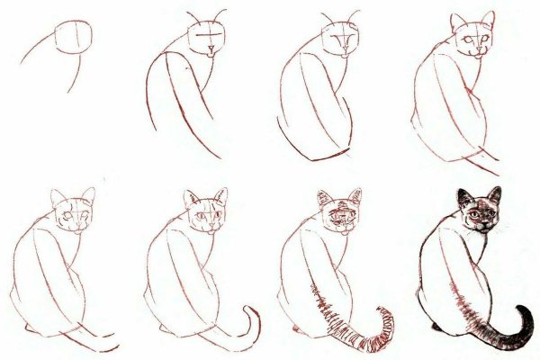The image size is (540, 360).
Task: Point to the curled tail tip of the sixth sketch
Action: click(249, 310)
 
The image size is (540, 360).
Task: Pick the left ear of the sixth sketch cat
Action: click(192, 198)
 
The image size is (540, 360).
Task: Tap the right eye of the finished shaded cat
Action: click(490, 216)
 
